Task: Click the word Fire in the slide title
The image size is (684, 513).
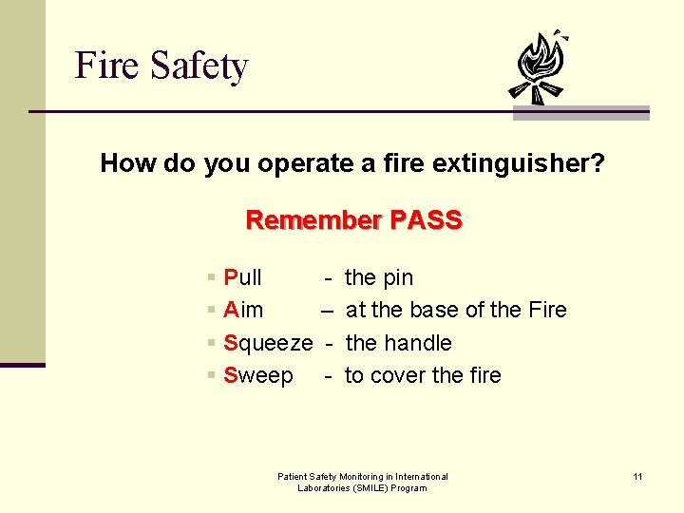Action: click(x=105, y=66)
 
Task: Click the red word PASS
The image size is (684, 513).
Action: click(x=426, y=220)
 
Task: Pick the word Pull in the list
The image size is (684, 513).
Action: click(x=242, y=277)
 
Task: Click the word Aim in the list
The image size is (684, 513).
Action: click(x=243, y=310)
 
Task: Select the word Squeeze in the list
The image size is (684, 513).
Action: click(x=268, y=343)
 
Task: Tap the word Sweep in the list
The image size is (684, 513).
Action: click(x=258, y=375)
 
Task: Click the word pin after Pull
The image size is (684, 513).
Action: click(x=397, y=277)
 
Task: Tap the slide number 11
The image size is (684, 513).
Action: click(x=638, y=476)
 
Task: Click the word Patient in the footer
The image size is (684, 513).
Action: click(x=293, y=476)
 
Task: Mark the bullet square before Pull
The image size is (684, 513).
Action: click(x=210, y=278)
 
